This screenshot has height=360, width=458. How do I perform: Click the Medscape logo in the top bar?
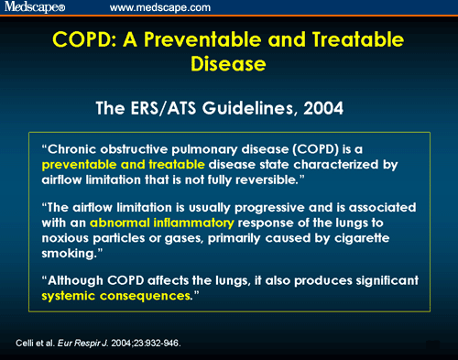(x=36, y=8)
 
